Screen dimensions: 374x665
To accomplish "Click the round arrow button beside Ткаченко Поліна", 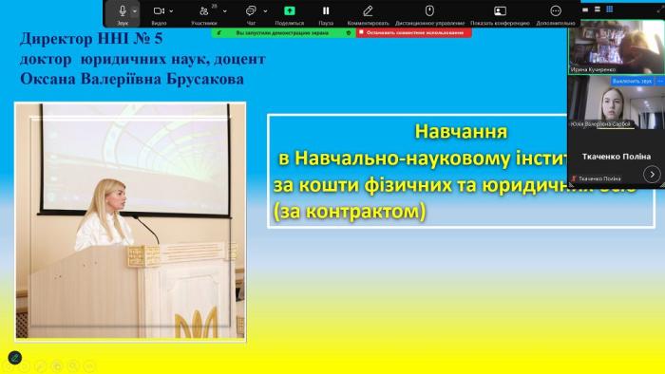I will click(651, 174).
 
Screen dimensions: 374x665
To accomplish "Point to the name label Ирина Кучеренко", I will click(594, 69).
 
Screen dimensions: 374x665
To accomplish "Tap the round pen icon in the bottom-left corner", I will click(14, 358).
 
